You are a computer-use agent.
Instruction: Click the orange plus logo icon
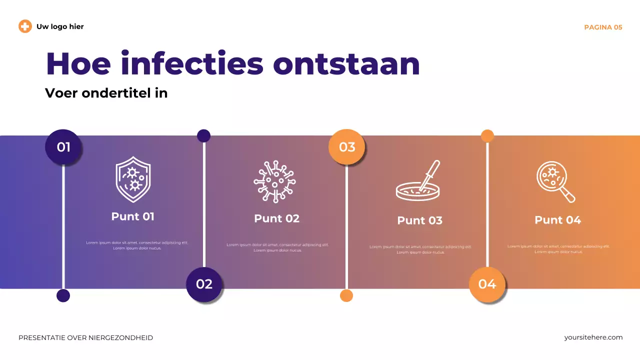(25, 26)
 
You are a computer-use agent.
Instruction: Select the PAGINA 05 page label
(603, 27)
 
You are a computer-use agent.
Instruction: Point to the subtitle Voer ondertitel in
(106, 93)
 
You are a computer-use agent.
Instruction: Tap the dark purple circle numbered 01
(63, 147)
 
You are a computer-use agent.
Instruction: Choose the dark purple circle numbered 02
(204, 284)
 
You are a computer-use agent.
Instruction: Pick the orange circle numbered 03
(346, 147)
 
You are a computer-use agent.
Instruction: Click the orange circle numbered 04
(487, 284)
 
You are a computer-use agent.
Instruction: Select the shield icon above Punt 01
(133, 179)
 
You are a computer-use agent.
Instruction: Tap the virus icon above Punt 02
(274, 181)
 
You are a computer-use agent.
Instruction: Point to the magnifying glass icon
(555, 182)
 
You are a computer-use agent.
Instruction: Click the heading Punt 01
(133, 216)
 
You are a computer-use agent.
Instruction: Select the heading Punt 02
(276, 218)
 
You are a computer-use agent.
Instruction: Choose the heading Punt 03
(419, 220)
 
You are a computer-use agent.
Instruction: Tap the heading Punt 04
(557, 220)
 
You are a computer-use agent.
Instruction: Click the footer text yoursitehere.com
(593, 337)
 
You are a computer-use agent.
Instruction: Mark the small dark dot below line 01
(63, 295)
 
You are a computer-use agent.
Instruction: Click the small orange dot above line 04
(487, 136)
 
